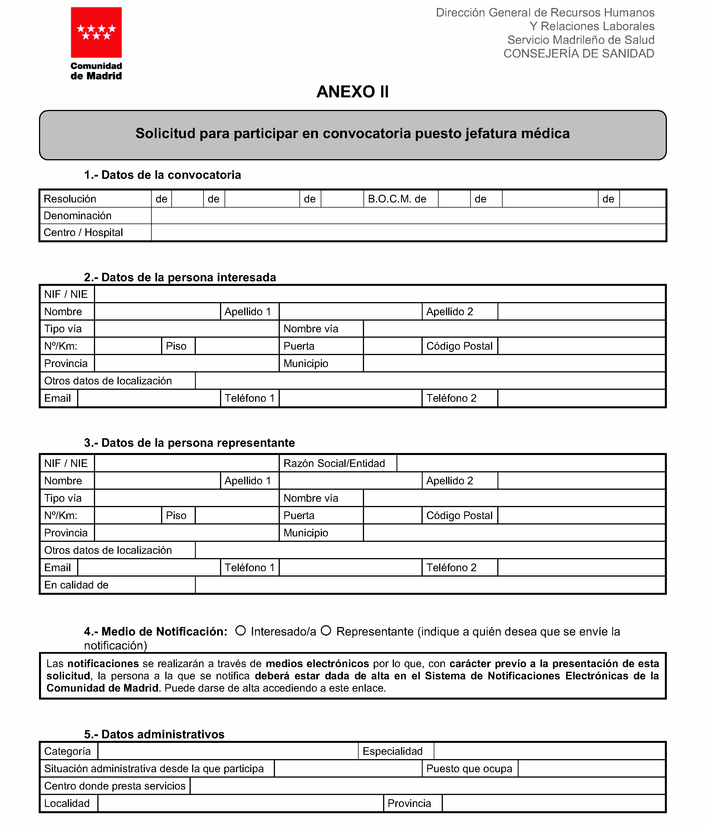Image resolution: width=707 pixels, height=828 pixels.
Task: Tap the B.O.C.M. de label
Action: pyautogui.click(x=397, y=199)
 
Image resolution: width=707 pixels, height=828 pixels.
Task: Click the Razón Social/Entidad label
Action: pyautogui.click(x=334, y=464)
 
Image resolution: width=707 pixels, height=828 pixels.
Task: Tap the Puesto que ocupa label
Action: pyautogui.click(x=469, y=769)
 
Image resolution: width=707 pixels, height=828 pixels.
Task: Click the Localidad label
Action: pyautogui.click(x=67, y=803)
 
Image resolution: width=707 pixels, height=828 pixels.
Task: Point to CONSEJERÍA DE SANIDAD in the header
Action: pyautogui.click(x=578, y=54)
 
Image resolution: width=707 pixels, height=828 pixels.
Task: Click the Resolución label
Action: pyautogui.click(x=70, y=199)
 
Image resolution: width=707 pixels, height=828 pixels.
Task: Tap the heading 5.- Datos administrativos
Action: pyautogui.click(x=154, y=734)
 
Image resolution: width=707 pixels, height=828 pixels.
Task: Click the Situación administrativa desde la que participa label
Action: pyautogui.click(x=154, y=769)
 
